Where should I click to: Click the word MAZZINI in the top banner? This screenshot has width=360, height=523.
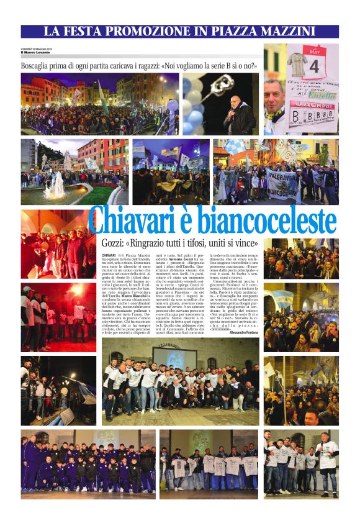click(x=284, y=31)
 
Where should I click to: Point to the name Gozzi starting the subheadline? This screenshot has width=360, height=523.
click(x=115, y=243)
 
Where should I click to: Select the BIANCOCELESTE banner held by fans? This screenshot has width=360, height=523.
click(x=283, y=184)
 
